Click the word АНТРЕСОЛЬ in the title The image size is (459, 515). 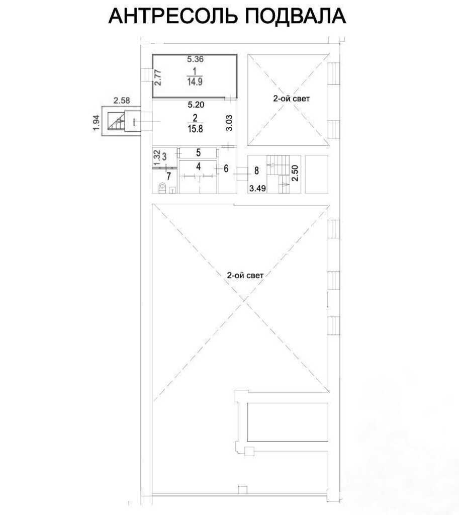[172, 16]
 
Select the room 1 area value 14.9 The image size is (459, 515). [195, 82]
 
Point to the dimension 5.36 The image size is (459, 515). [196, 59]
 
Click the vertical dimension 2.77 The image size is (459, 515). [158, 77]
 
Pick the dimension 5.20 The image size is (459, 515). [196, 105]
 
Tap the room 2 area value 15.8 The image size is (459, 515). [196, 129]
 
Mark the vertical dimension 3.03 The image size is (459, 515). [229, 123]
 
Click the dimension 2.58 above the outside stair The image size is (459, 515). [122, 101]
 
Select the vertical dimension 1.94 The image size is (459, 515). [96, 122]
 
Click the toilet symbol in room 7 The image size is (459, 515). [162, 188]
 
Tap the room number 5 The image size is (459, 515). [198, 152]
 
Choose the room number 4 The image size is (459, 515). [198, 166]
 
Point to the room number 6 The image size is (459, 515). [226, 168]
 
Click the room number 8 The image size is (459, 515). [257, 170]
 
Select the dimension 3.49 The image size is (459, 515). [258, 189]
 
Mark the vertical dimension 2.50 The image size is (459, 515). [295, 173]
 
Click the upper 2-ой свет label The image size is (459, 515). [291, 99]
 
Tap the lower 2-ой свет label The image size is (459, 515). [245, 275]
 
